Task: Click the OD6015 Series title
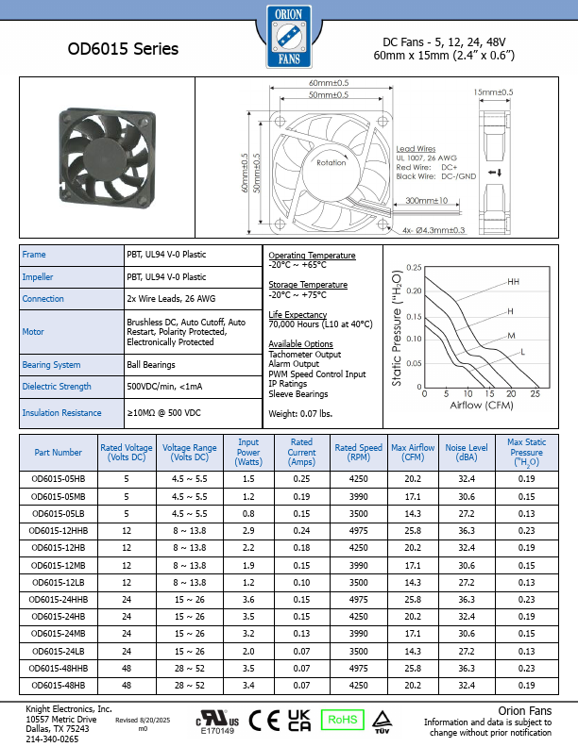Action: coord(123,48)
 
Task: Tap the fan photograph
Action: coord(107,156)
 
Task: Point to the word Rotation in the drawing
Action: coord(331,162)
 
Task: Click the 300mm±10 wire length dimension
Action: coord(426,200)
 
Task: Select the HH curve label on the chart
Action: coord(513,282)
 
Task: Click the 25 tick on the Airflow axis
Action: coord(535,393)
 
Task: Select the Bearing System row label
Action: coord(51,364)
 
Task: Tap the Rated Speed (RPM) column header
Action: coord(358,449)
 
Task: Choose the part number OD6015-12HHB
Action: coord(59,531)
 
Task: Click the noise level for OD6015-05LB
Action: coord(466,514)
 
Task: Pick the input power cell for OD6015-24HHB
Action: coord(248,599)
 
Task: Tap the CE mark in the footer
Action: coord(257,720)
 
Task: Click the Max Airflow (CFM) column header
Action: coord(413,449)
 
